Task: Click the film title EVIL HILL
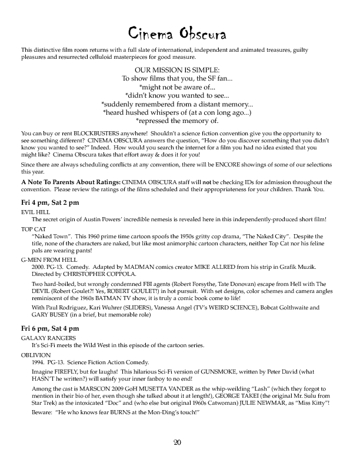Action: [x=34, y=211]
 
